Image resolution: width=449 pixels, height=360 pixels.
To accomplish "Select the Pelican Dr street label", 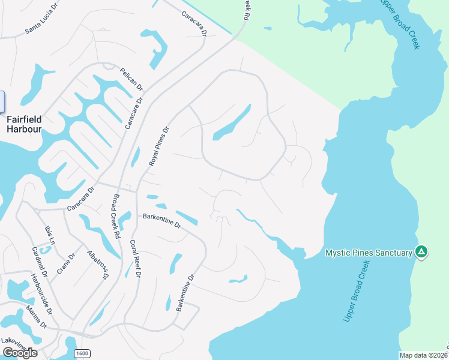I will pos(131,78).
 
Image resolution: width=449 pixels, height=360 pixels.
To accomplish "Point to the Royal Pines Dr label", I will pos(160,145).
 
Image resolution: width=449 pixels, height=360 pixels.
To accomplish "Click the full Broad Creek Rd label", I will pos(115,213).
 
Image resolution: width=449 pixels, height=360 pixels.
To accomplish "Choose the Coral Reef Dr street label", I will pos(135,259).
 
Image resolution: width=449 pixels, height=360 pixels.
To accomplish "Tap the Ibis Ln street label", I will pos(50,234).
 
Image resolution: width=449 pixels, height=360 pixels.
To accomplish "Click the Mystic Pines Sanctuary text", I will pos(369,253).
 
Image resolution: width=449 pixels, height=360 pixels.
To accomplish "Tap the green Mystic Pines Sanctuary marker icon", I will pos(421,252).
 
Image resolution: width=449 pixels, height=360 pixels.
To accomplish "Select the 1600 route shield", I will pos(82,353).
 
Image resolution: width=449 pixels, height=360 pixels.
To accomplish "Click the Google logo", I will pos(19,353).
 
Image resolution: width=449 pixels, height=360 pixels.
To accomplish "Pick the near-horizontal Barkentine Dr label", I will pos(161,220).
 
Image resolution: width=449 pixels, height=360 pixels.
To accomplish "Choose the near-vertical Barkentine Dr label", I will pos(185,293).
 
